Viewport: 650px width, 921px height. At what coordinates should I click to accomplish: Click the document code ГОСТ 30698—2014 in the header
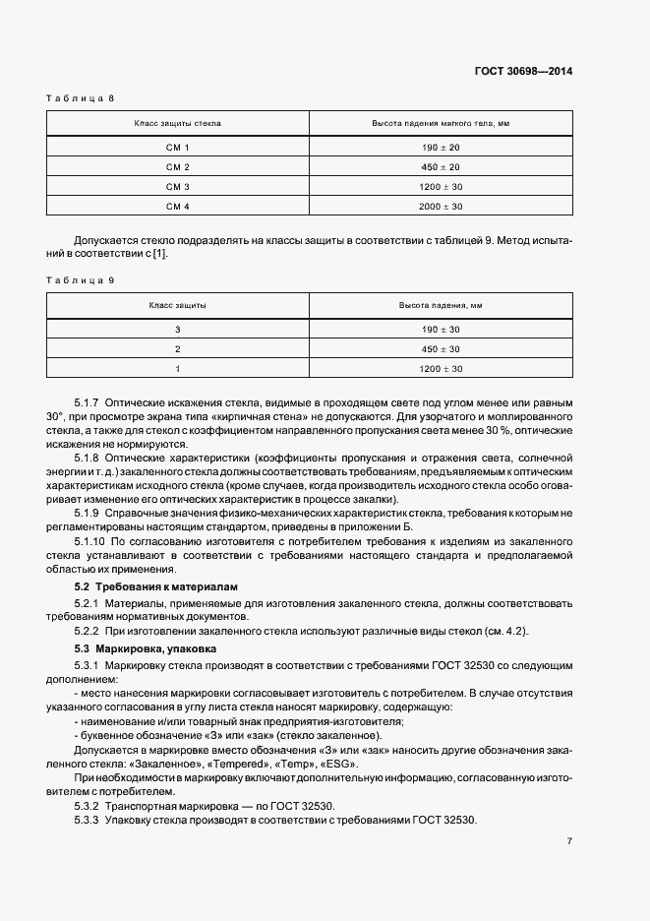(525, 71)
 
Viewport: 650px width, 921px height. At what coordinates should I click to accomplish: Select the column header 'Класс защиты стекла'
(178, 124)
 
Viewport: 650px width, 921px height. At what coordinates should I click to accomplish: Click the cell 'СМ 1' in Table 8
(177, 147)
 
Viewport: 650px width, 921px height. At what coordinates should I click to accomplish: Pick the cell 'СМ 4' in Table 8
(177, 206)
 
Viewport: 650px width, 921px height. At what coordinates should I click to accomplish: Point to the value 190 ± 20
(441, 147)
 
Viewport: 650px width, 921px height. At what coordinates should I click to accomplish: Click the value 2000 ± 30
(441, 206)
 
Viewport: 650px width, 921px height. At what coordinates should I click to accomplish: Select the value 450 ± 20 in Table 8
(441, 166)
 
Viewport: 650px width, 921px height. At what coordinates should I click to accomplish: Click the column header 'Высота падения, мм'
(441, 306)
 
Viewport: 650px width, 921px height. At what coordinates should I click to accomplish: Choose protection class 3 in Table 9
(178, 329)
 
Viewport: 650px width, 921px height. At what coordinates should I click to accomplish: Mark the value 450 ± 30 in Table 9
(441, 348)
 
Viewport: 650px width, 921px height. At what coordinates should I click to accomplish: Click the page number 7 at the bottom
(569, 841)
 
